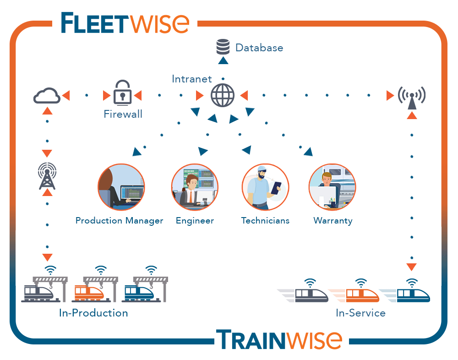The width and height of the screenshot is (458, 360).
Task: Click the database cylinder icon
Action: (x=223, y=47)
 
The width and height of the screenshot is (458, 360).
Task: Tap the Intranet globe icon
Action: (x=223, y=96)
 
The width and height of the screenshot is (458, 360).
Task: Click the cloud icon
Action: (x=47, y=96)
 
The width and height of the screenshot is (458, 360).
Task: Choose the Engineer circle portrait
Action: (x=195, y=187)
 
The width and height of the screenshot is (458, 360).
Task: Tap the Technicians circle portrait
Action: (x=265, y=187)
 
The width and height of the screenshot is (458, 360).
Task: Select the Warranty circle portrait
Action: (x=333, y=187)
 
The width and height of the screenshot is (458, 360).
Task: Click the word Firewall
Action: (x=123, y=114)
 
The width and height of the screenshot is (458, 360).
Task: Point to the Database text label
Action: (x=259, y=48)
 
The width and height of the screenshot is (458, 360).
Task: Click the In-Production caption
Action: (x=93, y=313)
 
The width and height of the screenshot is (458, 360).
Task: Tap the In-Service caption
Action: (x=360, y=313)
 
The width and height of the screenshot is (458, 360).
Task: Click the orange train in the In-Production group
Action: (x=89, y=292)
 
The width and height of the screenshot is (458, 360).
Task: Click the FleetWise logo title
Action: (x=125, y=23)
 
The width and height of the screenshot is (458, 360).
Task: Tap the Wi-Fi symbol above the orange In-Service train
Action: (x=361, y=282)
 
